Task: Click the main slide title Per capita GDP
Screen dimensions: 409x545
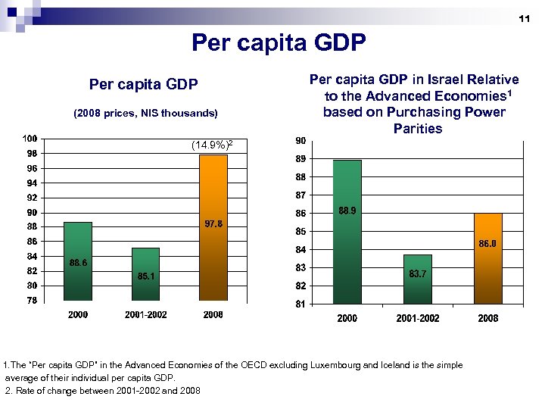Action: tap(279, 42)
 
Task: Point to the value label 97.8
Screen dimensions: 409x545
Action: tap(214, 223)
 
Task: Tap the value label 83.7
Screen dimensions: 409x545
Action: tap(419, 273)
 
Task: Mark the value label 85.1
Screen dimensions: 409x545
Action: tap(148, 276)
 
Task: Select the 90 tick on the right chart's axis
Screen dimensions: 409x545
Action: tap(301, 141)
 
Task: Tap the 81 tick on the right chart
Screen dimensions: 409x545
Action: tap(301, 304)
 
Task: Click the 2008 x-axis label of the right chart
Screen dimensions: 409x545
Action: tap(488, 318)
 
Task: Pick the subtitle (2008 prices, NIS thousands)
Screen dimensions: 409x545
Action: tap(145, 114)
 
